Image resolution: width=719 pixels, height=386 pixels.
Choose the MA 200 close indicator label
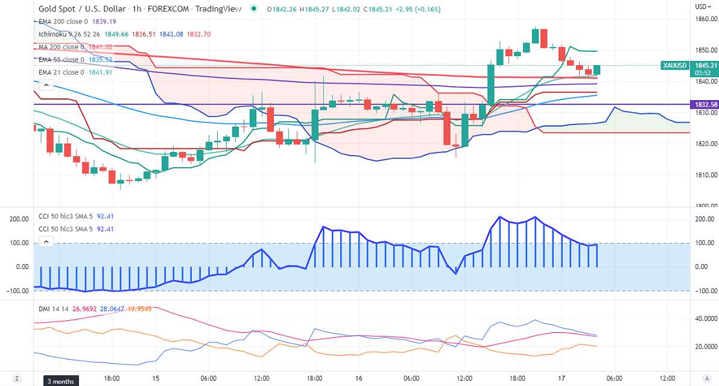(59, 46)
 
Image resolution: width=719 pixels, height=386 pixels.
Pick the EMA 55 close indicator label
(60, 60)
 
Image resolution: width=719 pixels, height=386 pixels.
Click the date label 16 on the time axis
(359, 378)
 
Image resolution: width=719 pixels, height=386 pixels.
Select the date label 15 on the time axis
(156, 378)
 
